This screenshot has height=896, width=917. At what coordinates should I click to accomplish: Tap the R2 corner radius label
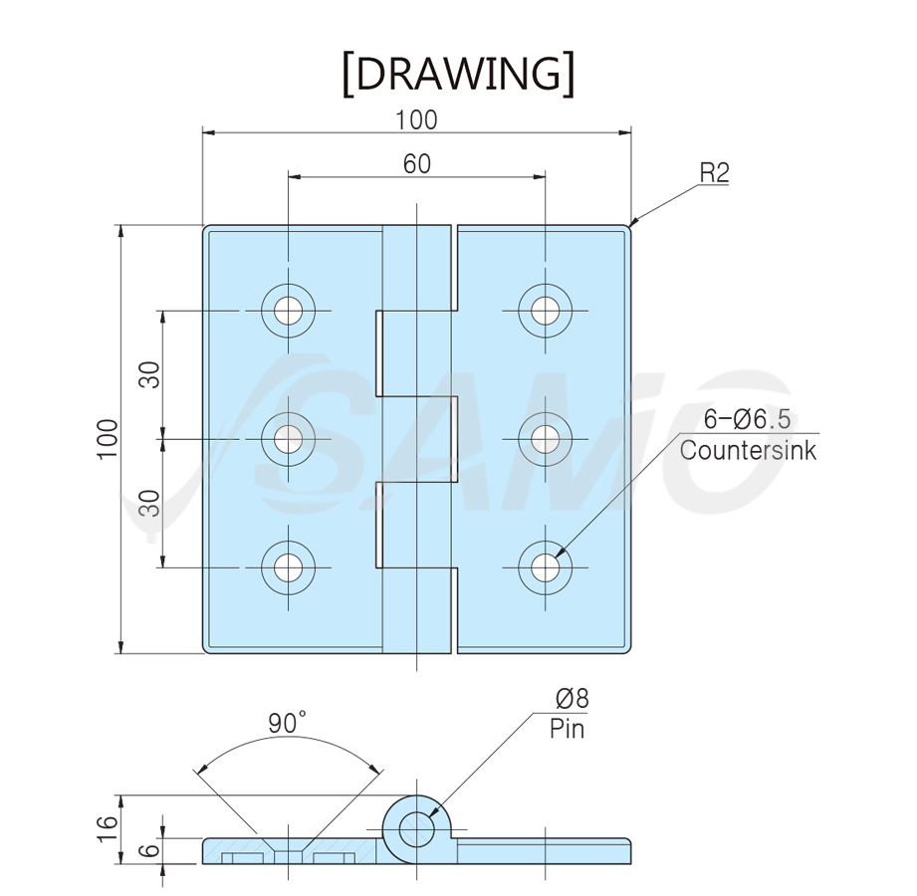pyautogui.click(x=715, y=173)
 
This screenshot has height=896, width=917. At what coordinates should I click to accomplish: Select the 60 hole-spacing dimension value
pyautogui.click(x=417, y=164)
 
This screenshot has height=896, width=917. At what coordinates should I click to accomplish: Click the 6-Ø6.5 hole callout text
pyautogui.click(x=747, y=419)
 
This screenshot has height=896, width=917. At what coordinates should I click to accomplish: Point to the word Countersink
pyautogui.click(x=748, y=450)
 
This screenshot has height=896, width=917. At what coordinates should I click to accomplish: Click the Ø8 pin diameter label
pyautogui.click(x=572, y=698)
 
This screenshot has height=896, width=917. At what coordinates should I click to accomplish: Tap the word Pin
pyautogui.click(x=567, y=729)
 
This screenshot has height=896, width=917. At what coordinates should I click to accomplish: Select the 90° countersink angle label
pyautogui.click(x=287, y=723)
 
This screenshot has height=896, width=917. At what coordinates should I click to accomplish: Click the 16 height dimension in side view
pyautogui.click(x=108, y=829)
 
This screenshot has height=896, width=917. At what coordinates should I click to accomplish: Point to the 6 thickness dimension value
pyautogui.click(x=151, y=850)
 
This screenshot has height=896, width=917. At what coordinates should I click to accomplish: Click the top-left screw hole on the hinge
pyautogui.click(x=289, y=311)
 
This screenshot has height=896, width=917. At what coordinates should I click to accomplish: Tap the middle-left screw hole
pyautogui.click(x=289, y=439)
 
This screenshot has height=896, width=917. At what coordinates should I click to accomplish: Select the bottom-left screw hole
pyautogui.click(x=289, y=567)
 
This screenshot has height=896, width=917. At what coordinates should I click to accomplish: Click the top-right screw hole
pyautogui.click(x=545, y=311)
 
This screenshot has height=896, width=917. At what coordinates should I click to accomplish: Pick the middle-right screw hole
pyautogui.click(x=545, y=439)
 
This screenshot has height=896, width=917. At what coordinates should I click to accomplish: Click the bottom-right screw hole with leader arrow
pyautogui.click(x=545, y=567)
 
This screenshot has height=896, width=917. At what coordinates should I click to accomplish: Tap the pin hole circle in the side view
pyautogui.click(x=416, y=828)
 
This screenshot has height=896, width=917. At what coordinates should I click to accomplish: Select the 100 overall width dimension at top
pyautogui.click(x=416, y=120)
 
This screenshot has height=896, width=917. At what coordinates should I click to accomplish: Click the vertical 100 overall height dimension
pyautogui.click(x=108, y=439)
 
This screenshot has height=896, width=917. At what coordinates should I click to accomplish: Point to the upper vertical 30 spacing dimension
pyautogui.click(x=150, y=375)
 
